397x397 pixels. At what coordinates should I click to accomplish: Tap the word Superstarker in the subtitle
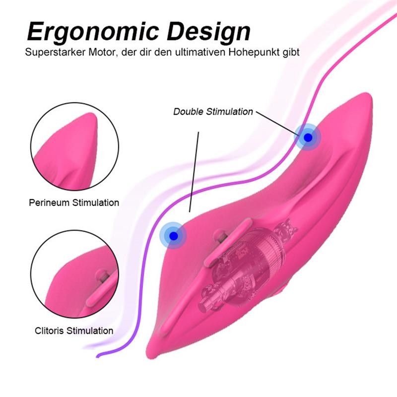tap(53, 52)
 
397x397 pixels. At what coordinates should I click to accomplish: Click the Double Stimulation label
tap(213, 112)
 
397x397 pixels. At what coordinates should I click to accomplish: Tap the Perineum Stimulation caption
tap(74, 202)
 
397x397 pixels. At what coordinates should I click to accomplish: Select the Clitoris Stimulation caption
tap(74, 331)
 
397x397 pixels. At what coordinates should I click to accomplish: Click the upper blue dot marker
tap(308, 136)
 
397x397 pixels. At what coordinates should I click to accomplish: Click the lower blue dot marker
tap(173, 235)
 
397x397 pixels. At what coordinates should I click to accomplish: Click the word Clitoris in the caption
tap(51, 331)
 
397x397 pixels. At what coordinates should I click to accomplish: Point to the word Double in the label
tap(187, 112)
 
